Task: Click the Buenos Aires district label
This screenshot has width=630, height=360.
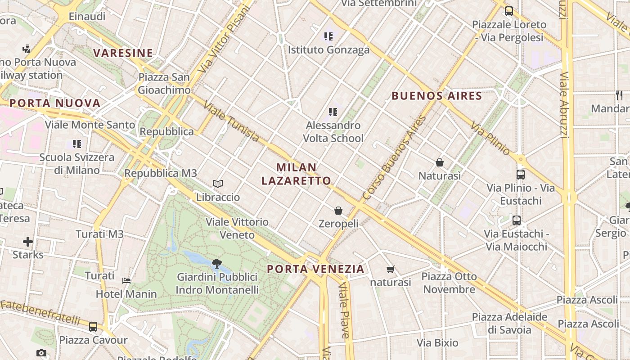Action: (x=436, y=95)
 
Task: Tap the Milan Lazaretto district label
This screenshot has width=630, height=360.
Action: (x=297, y=174)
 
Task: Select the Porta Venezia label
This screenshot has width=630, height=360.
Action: (x=315, y=269)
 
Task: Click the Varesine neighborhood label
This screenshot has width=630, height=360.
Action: (x=123, y=53)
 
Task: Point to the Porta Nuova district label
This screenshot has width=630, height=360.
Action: (x=55, y=103)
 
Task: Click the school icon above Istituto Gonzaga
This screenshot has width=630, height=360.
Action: (x=328, y=36)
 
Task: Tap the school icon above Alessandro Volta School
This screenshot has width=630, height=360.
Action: (x=333, y=112)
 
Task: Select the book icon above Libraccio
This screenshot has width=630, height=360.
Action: (x=218, y=184)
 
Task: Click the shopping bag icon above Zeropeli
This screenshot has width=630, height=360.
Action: (x=338, y=210)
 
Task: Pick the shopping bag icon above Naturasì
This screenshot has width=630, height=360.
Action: (x=440, y=162)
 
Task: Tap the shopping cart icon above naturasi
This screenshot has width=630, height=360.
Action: (x=390, y=269)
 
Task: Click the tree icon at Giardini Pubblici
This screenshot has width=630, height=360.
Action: (x=217, y=263)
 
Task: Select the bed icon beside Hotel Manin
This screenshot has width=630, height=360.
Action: (x=126, y=281)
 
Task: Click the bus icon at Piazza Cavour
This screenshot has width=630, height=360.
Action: (x=93, y=327)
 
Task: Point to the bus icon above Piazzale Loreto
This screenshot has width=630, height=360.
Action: (x=509, y=11)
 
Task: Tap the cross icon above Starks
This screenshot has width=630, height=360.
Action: (x=28, y=242)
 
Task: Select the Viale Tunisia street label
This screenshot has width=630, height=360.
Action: (x=231, y=121)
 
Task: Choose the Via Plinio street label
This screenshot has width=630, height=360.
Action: (x=490, y=138)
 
